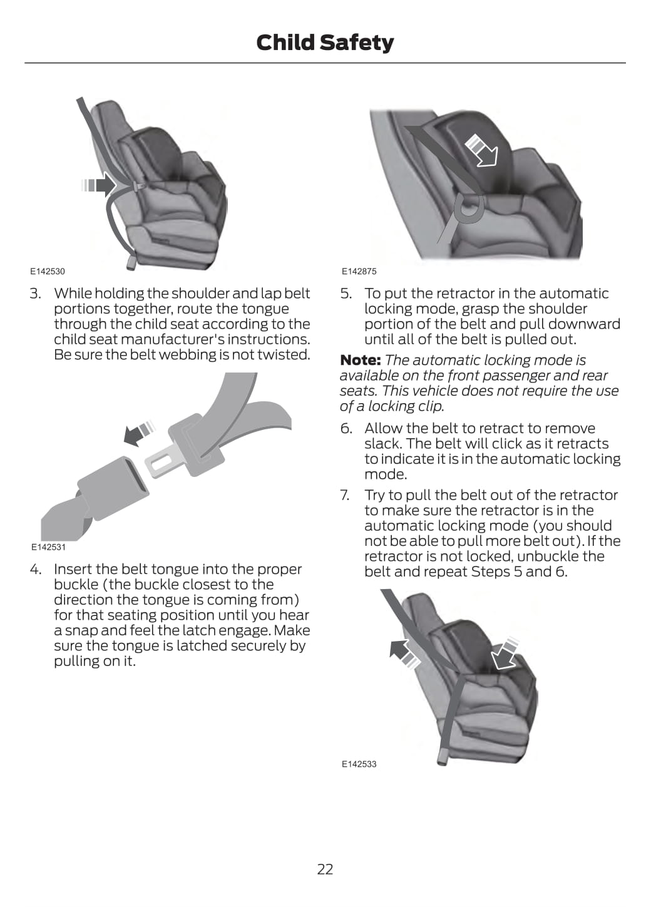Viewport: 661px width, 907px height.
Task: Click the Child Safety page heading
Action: coord(325,43)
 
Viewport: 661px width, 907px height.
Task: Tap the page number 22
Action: coord(325,869)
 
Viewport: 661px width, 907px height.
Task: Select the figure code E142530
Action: coord(48,271)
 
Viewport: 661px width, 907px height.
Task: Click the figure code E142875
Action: coord(359,271)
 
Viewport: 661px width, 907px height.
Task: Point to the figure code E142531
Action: coord(48,547)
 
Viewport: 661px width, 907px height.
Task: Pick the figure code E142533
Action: coord(359,764)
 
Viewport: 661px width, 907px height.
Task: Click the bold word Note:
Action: coord(360,359)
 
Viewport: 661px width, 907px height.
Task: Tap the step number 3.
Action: coord(35,293)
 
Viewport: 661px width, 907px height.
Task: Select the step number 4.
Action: coord(35,569)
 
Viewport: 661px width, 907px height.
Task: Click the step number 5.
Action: coord(346,293)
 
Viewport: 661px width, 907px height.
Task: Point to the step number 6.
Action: coord(346,428)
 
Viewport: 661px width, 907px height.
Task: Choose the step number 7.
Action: coord(345,494)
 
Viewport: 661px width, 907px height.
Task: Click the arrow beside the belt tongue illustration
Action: coord(139,433)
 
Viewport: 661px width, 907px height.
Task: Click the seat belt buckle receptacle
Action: coord(113,488)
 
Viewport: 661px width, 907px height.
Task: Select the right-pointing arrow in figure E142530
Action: coord(100,185)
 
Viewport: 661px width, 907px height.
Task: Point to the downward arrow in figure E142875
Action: coord(482,151)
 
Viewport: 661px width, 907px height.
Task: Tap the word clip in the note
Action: coord(432,406)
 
